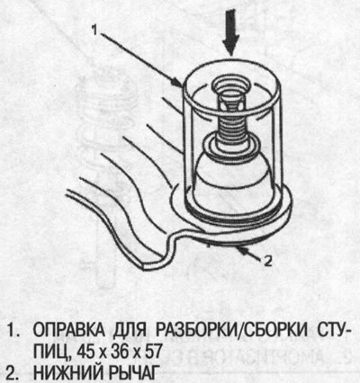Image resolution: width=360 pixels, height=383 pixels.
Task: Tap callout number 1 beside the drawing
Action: pos(93,29)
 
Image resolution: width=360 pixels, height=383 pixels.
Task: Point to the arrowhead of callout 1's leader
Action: pos(184,85)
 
